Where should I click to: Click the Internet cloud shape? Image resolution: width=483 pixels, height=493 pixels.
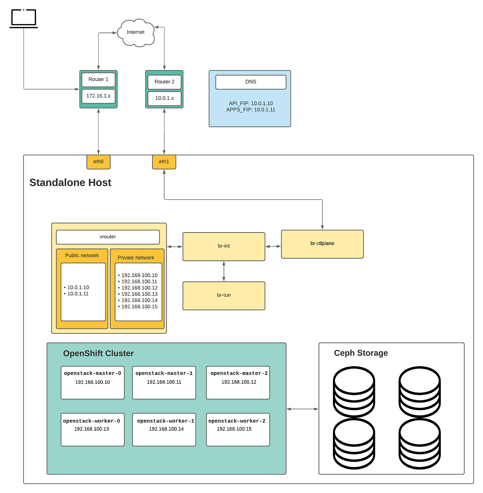point(136,32)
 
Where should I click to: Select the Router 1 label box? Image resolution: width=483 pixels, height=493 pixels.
point(98,79)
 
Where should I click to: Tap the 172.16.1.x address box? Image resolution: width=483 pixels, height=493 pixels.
point(98,96)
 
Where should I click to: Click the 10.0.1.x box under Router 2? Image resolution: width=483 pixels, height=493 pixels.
point(164,98)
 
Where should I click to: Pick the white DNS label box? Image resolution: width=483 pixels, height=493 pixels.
point(251,82)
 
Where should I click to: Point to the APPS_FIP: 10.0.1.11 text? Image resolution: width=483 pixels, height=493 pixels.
point(251,110)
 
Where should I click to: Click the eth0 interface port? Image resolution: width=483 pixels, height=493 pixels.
point(98,162)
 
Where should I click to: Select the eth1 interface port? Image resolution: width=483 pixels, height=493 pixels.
point(164,162)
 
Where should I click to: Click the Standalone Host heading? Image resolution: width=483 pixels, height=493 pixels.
point(70,182)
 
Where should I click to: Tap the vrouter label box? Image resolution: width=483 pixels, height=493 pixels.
point(108,237)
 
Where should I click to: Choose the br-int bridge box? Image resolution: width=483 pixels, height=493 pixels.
point(224,246)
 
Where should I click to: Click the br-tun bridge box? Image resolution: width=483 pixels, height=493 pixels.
point(224,295)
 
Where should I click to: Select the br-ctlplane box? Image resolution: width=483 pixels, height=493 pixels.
point(322,244)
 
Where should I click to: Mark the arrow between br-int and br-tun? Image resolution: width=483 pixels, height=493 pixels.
point(224,271)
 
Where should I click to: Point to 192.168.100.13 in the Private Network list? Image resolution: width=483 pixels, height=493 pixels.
point(139,294)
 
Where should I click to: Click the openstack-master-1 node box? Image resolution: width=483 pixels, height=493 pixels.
point(164,382)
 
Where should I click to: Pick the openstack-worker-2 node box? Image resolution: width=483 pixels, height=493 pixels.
point(238,429)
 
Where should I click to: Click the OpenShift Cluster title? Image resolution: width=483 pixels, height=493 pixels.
point(98,353)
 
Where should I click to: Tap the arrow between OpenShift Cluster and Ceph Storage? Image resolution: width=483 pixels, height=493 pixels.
point(302,409)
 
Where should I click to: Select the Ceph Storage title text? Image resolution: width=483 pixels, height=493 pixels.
point(361,353)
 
